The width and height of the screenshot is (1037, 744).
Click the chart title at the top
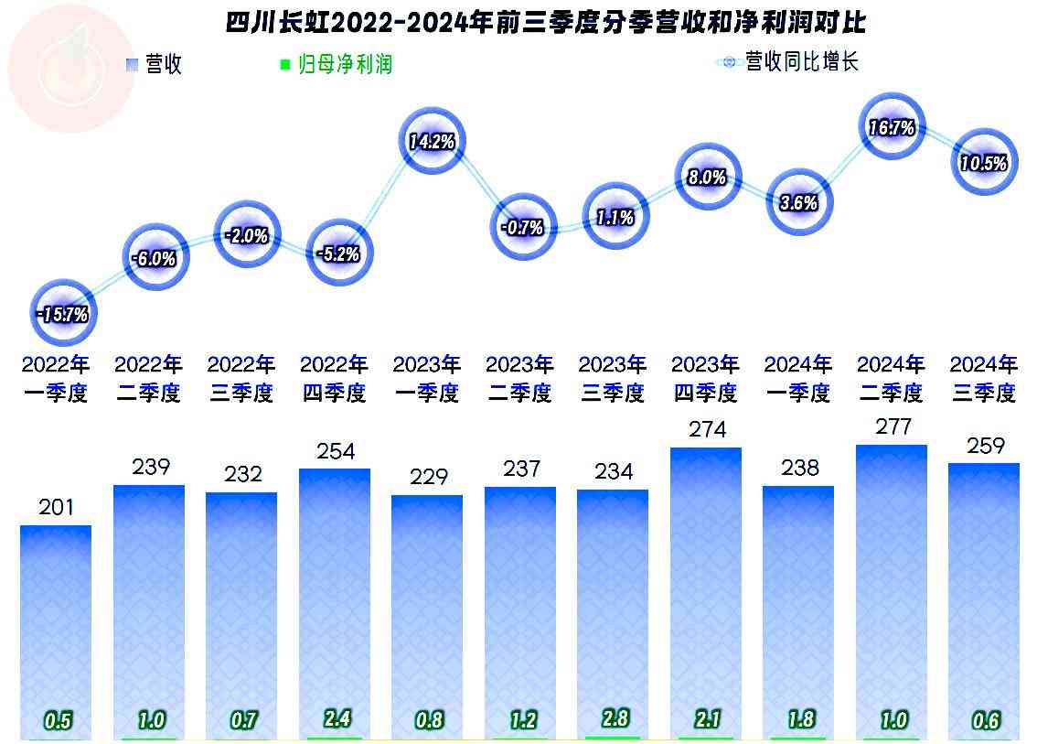click(545, 22)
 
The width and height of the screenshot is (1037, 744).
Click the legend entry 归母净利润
click(336, 64)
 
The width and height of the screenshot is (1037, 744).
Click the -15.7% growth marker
click(64, 314)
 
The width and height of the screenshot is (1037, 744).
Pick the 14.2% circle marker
click(433, 141)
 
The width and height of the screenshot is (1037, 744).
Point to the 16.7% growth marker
click(892, 128)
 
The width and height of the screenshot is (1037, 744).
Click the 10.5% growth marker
click(984, 163)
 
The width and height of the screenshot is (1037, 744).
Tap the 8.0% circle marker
click(707, 178)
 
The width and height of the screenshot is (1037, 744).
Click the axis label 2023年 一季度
click(427, 379)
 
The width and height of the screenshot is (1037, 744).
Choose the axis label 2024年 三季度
click(983, 379)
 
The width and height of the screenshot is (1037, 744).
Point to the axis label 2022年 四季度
click(334, 379)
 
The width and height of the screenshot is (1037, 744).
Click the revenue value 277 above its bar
click(892, 427)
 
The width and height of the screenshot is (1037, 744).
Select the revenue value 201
click(56, 507)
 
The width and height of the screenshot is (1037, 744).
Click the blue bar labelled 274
click(706, 586)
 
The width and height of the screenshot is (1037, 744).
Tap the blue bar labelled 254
click(335, 595)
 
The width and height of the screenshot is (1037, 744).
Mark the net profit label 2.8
click(613, 718)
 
